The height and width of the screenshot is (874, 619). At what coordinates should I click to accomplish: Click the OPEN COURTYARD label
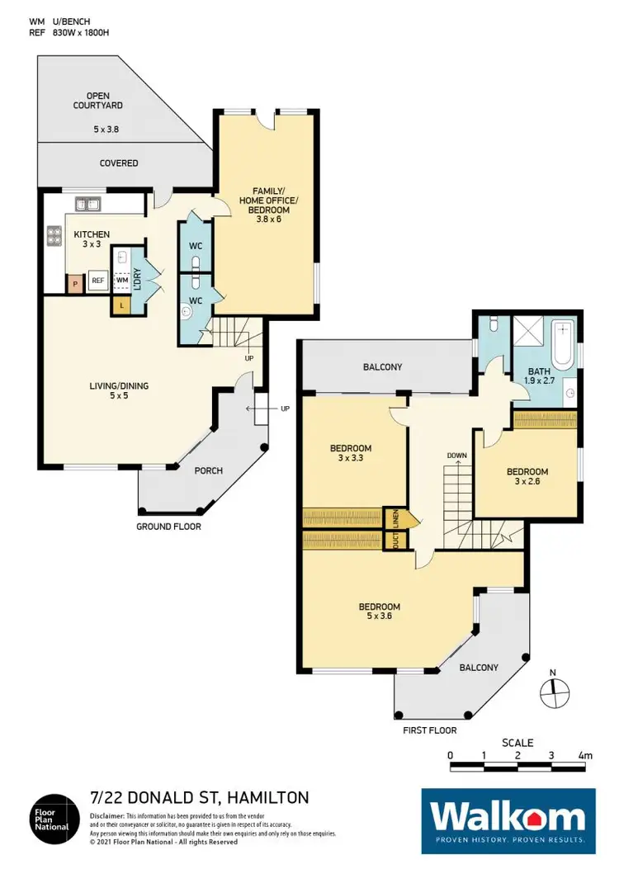click(x=104, y=102)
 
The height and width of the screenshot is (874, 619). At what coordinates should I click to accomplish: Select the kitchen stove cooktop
click(x=54, y=237)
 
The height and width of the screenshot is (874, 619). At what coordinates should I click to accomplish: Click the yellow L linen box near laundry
click(x=122, y=305)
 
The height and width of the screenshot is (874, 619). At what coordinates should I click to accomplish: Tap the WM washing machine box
click(x=122, y=281)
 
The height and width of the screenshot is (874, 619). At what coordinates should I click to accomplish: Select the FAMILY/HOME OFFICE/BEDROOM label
click(x=266, y=199)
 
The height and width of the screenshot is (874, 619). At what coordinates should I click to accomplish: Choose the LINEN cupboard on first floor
click(x=396, y=517)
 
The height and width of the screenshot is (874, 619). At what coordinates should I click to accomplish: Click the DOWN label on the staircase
click(x=457, y=455)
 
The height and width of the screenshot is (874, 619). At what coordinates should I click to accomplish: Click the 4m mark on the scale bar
click(x=584, y=755)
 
